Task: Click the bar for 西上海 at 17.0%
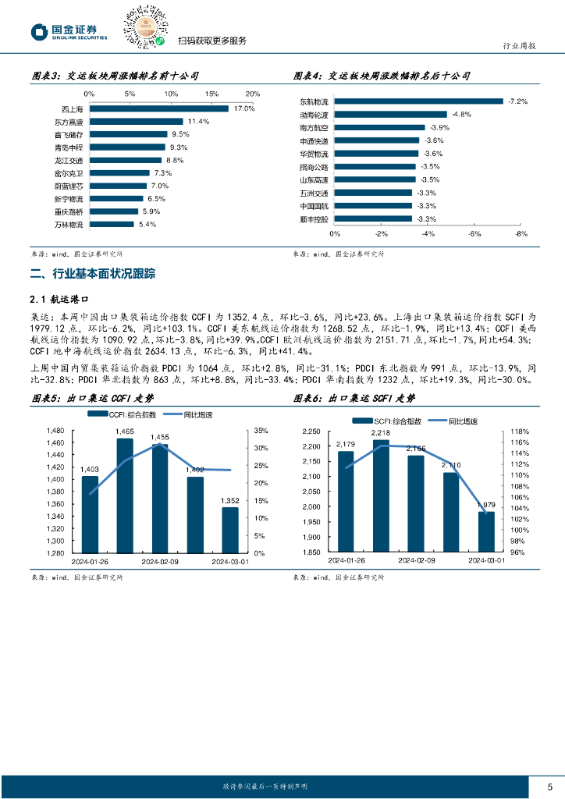point(158,108)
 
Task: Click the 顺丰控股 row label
point(314,219)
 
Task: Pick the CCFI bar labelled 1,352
point(229,530)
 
